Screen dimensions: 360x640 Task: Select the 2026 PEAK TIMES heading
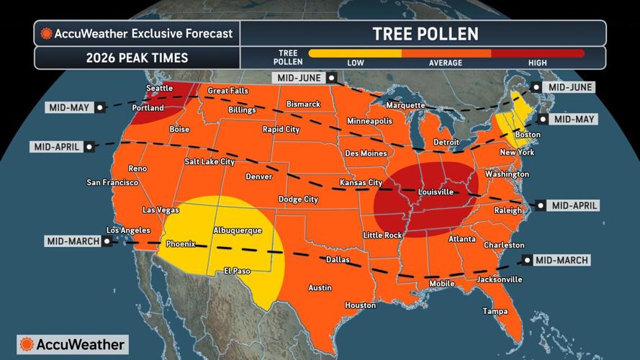[x=137, y=58]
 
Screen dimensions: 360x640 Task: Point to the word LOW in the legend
[x=356, y=63]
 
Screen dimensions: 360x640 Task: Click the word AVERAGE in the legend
[x=446, y=63]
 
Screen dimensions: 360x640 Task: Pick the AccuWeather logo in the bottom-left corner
[x=72, y=344]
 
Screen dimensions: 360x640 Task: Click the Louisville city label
[x=436, y=192]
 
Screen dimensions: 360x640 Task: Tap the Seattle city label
[x=160, y=88]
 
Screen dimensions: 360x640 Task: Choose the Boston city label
[x=528, y=135]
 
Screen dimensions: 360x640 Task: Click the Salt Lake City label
[x=209, y=162]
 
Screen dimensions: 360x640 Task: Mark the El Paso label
[x=237, y=271]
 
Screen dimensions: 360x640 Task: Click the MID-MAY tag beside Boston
[x=572, y=119]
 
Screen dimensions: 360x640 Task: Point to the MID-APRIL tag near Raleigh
[x=574, y=206]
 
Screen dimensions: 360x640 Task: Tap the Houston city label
[x=360, y=305]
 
